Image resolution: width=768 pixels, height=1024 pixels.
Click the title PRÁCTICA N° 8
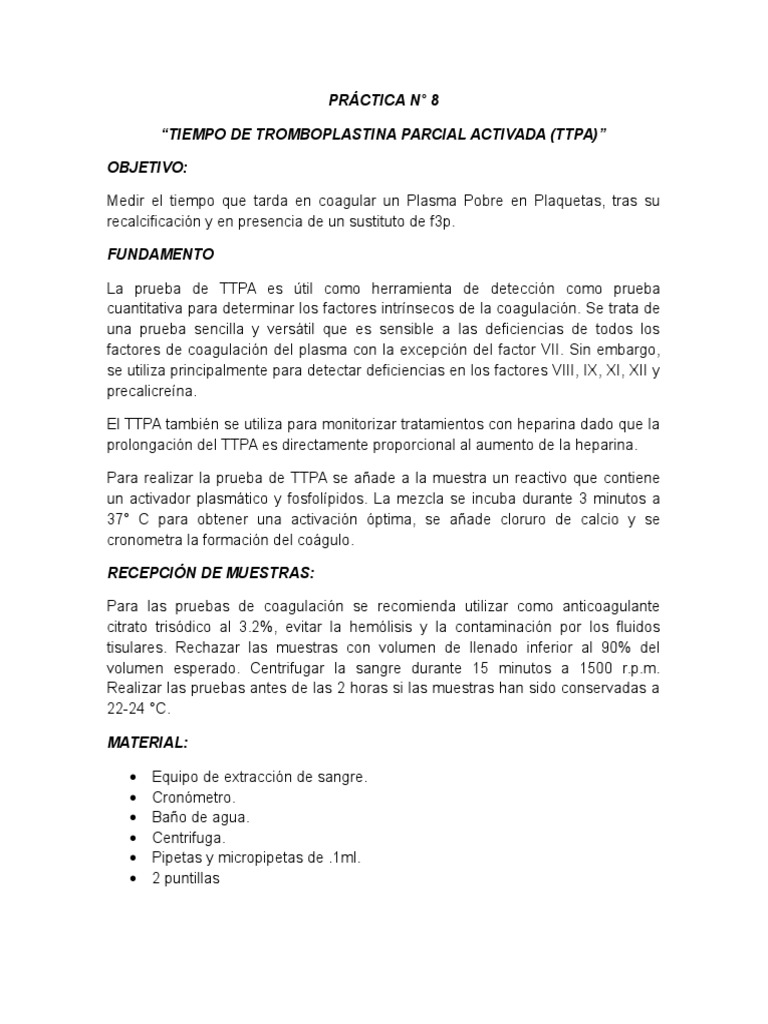click(383, 101)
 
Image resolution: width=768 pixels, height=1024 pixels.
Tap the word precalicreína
click(150, 393)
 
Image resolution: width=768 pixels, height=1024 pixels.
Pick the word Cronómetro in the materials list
click(194, 797)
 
